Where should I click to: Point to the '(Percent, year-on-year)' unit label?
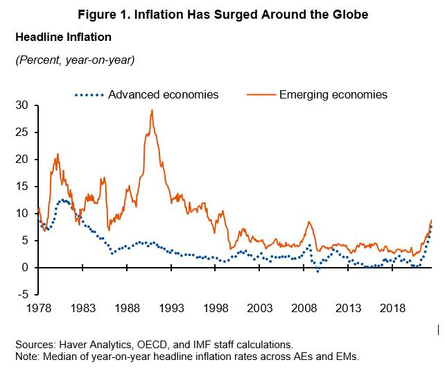(x=74, y=60)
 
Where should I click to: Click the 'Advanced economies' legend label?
(x=164, y=94)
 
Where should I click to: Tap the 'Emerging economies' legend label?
(x=333, y=94)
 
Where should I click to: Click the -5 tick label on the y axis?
(x=22, y=295)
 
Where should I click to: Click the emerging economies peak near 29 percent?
(x=152, y=110)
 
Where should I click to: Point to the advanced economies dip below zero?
(x=317, y=271)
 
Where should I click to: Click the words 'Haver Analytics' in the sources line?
(x=89, y=344)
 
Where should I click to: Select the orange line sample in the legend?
(x=258, y=94)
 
